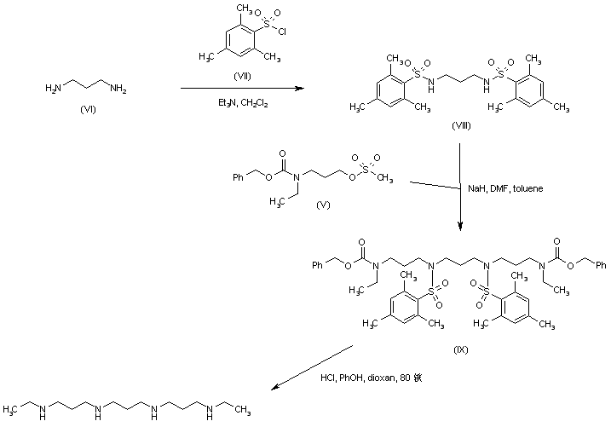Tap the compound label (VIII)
(462, 125)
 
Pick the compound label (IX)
(460, 349)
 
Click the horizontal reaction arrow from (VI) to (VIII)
(242, 88)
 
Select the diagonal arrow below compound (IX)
(310, 367)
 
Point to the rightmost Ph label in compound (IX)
(600, 265)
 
